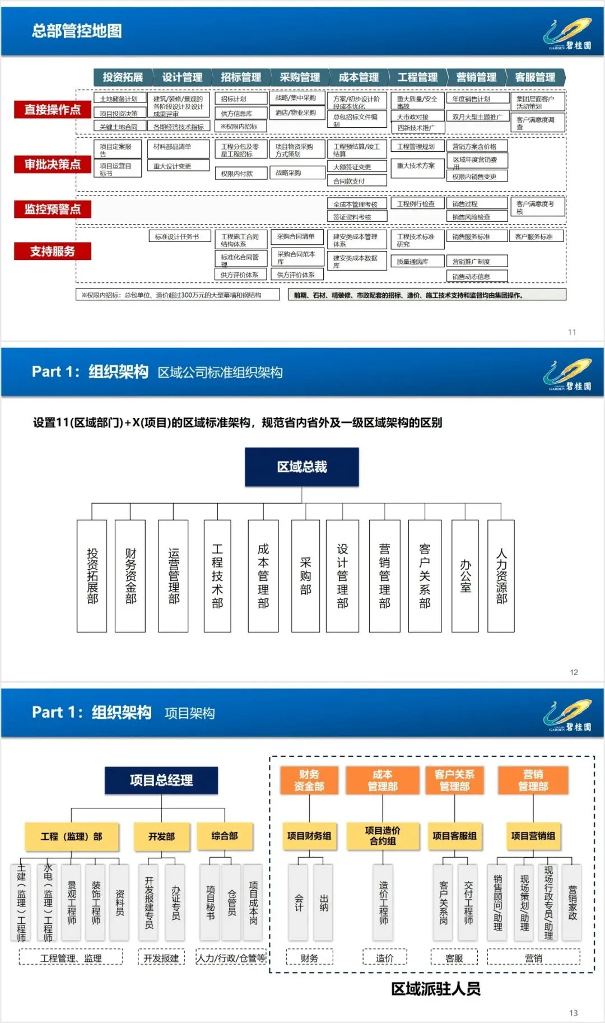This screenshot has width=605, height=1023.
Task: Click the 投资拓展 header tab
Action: (123, 77)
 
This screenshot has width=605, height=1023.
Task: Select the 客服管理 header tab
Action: (535, 77)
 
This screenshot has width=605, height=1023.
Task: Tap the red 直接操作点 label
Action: (53, 109)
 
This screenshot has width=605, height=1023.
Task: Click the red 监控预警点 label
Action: (53, 209)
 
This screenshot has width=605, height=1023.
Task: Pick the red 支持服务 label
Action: (53, 251)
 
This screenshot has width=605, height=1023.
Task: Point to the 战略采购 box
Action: (297, 173)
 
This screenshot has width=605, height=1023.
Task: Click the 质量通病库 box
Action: (417, 262)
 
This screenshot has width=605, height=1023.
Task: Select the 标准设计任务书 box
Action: (179, 236)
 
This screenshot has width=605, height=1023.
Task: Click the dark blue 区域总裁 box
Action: (301, 467)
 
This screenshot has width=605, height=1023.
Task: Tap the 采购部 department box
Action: (305, 576)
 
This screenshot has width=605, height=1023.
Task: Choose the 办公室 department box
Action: (465, 576)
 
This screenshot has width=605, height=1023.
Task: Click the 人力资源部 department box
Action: (501, 576)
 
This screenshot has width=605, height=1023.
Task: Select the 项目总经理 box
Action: (161, 780)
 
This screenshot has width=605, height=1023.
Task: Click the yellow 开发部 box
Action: (161, 836)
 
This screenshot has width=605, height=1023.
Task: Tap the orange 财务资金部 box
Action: (309, 780)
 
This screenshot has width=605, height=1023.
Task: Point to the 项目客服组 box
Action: (454, 836)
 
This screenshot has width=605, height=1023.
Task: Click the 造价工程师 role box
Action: (383, 902)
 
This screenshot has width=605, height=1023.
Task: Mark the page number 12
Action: (574, 672)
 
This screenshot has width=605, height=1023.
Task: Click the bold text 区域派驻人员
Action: (436, 989)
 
